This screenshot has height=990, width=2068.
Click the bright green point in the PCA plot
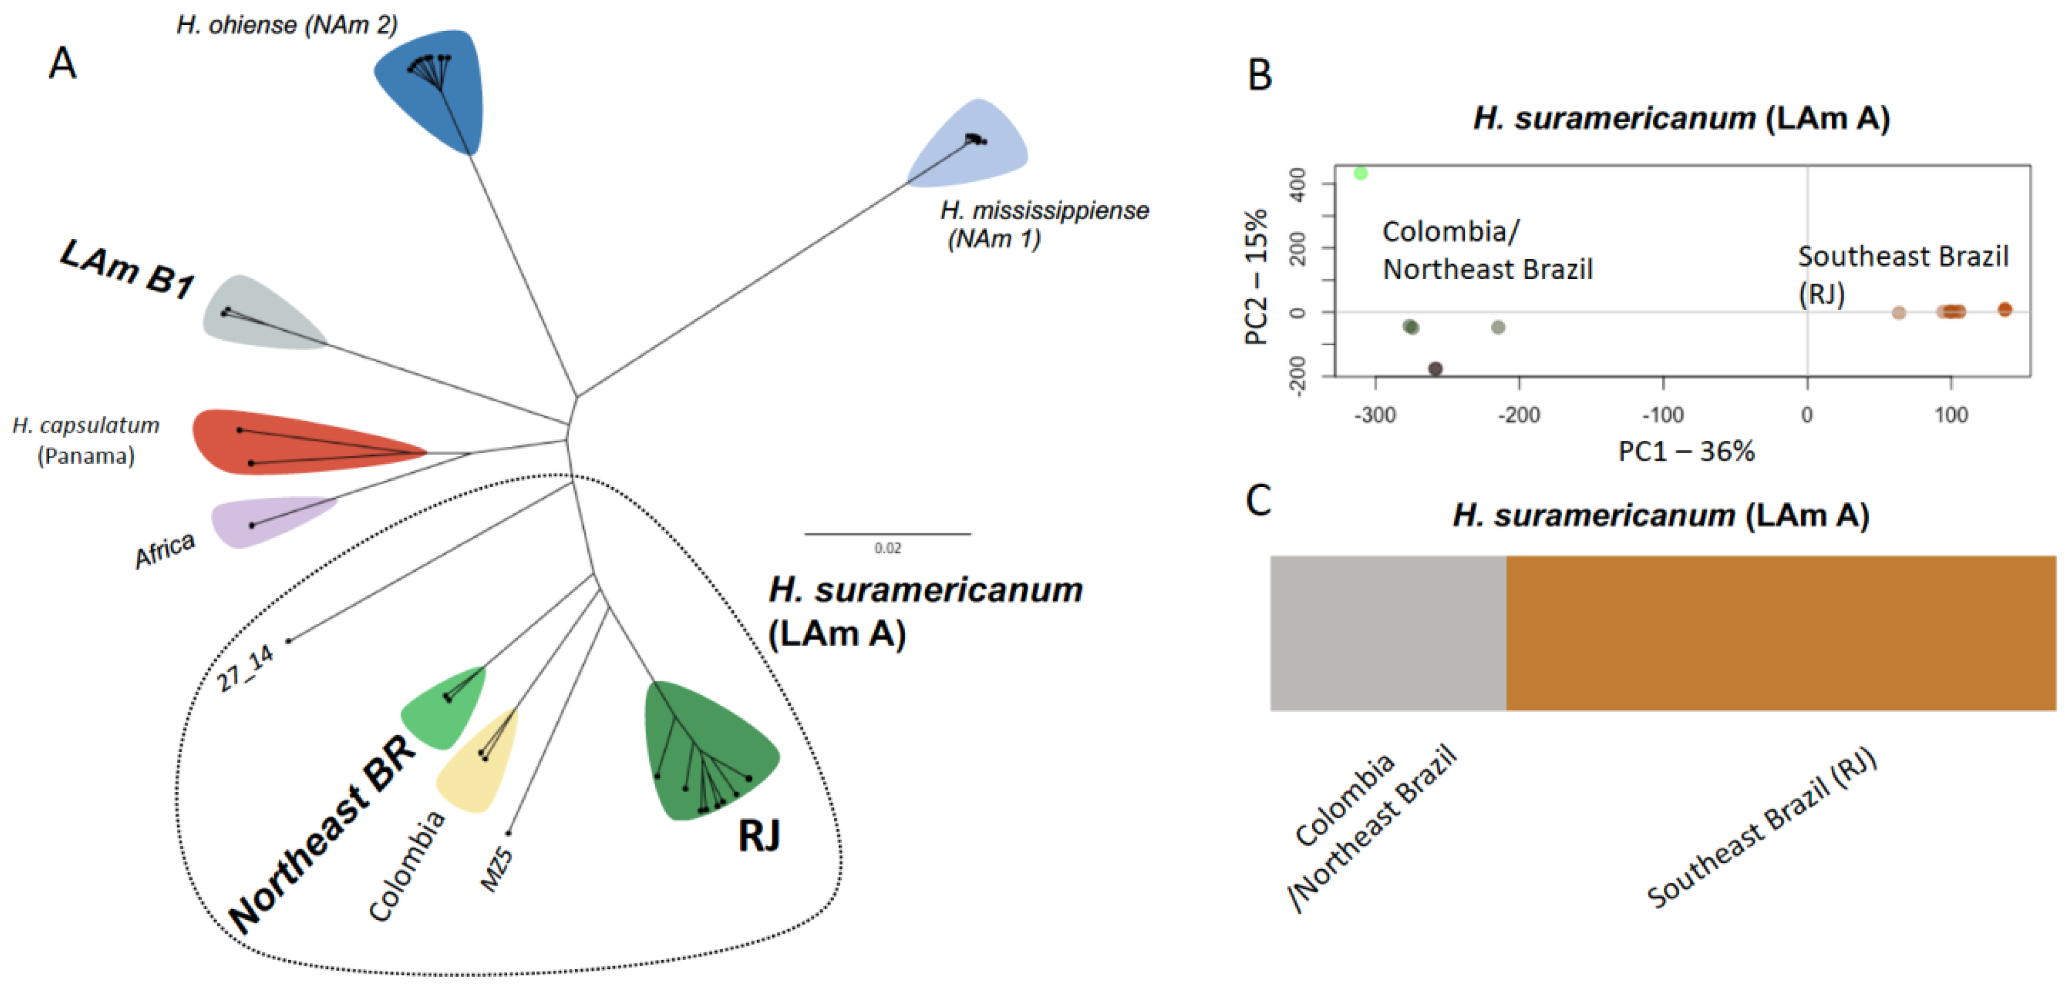pyautogui.click(x=1360, y=173)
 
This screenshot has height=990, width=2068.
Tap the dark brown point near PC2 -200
pyautogui.click(x=1435, y=369)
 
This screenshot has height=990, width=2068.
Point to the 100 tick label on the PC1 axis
pyautogui.click(x=1951, y=415)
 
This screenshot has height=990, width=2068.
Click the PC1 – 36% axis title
pyautogui.click(x=1686, y=451)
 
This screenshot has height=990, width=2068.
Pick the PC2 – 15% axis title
pyautogui.click(x=1256, y=277)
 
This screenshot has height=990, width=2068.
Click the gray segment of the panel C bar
pyautogui.click(x=1387, y=632)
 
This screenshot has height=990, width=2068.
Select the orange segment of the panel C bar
pyautogui.click(x=1781, y=632)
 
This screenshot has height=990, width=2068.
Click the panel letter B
pyautogui.click(x=1260, y=75)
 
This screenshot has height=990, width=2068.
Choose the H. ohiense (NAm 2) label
pyautogui.click(x=287, y=25)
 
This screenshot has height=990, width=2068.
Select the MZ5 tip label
pyautogui.click(x=496, y=869)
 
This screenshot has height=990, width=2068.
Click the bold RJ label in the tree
pyautogui.click(x=759, y=836)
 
